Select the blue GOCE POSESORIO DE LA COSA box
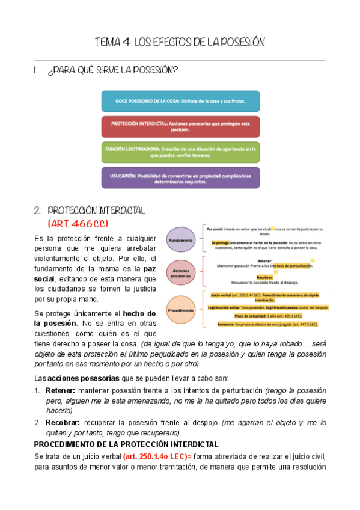[x=180, y=102]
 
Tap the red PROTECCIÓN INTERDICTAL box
[x=180, y=126]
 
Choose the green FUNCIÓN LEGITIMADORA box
[x=180, y=152]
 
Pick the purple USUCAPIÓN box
[x=180, y=178]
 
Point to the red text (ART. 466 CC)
[x=78, y=223]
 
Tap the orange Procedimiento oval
[x=181, y=310]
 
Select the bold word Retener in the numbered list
[x=59, y=390]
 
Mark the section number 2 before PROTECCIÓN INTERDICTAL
[x=37, y=210]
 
